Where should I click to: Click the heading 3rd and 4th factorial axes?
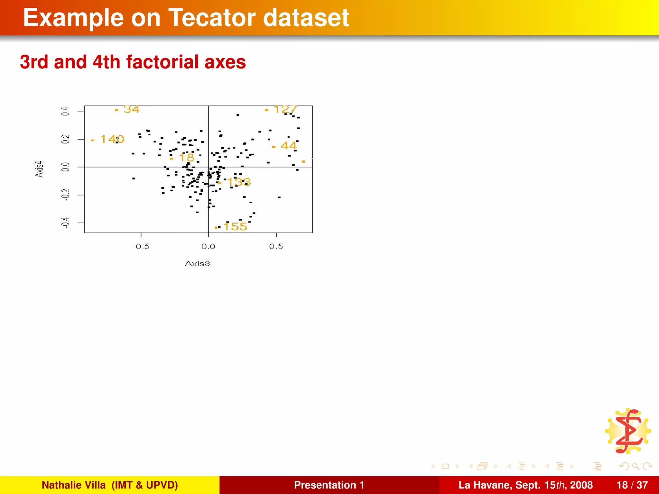tap(133, 62)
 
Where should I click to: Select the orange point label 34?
tap(131, 109)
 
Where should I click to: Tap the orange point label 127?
tap(285, 109)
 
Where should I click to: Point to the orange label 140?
tap(112, 139)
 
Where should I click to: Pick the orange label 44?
tap(288, 146)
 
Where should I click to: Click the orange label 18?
tap(187, 158)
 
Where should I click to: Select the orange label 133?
tap(239, 182)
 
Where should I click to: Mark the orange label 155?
tap(235, 226)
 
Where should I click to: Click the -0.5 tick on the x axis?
tap(141, 246)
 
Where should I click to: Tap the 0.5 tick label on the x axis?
tap(276, 246)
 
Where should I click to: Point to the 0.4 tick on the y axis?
tap(66, 112)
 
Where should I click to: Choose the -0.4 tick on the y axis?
tap(66, 223)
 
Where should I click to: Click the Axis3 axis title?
tap(197, 264)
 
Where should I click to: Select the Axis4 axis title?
tap(39, 169)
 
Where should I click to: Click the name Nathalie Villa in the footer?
tap(74, 485)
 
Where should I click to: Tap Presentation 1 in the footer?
tap(329, 485)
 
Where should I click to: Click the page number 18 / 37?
tap(632, 485)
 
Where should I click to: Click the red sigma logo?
tap(628, 431)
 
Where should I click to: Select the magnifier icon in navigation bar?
tap(636, 466)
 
